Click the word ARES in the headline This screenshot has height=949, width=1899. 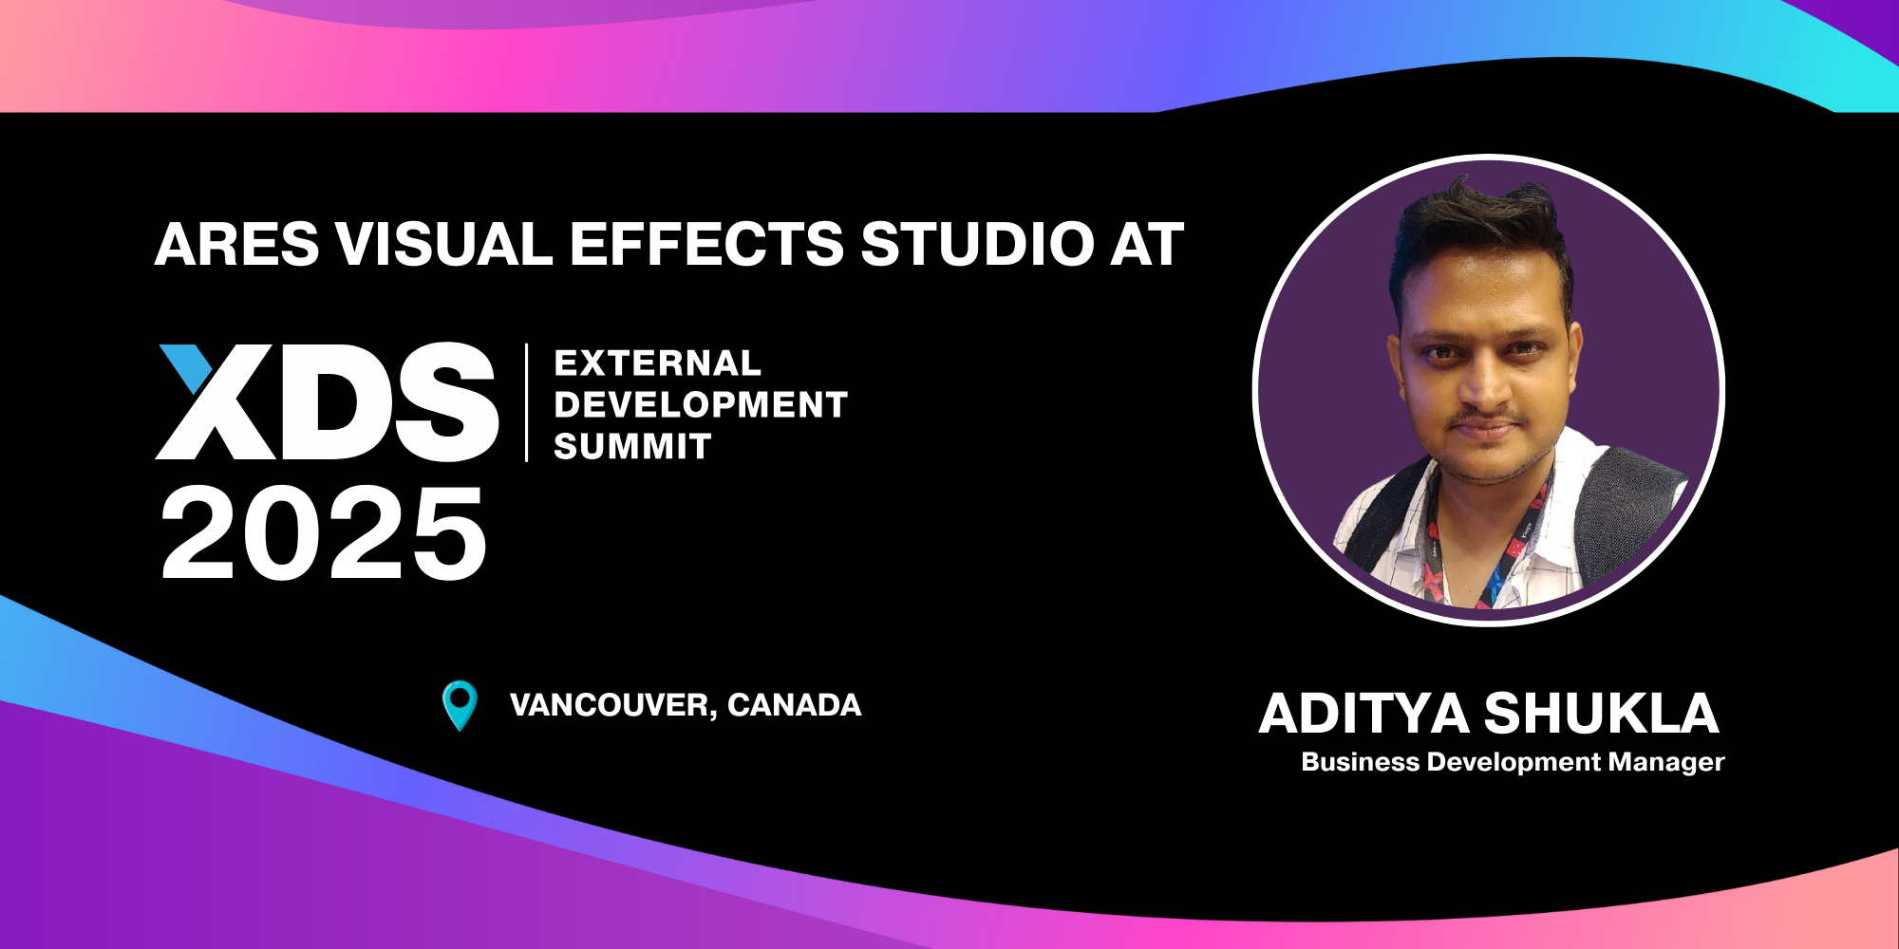click(237, 244)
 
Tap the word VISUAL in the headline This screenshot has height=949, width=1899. click(444, 244)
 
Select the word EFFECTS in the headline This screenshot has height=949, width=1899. click(706, 244)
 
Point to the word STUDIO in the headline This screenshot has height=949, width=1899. click(978, 244)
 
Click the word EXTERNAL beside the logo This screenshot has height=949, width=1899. click(657, 363)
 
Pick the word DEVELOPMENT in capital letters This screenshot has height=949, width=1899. click(701, 405)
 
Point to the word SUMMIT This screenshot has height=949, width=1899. click(632, 446)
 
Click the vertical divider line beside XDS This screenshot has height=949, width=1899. click(527, 402)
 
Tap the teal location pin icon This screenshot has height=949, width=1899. click(461, 706)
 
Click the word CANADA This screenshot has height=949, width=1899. click(795, 705)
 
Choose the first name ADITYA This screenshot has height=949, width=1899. click(1364, 714)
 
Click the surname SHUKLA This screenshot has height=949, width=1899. click(1602, 714)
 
